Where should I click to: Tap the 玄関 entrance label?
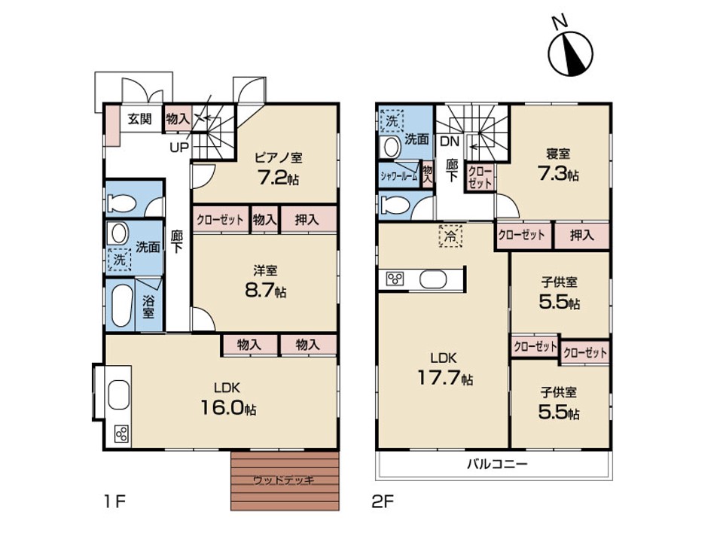139,119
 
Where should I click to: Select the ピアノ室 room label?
279,157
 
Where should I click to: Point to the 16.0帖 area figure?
228,408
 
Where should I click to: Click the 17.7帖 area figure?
445,378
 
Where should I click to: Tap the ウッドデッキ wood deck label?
284,480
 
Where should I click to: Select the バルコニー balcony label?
497,463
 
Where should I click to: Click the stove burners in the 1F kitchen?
122,434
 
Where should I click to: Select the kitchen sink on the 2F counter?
433,279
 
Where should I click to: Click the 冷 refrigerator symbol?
450,236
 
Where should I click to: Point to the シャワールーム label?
399,175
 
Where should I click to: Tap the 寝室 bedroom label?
558,153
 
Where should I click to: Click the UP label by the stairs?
179,148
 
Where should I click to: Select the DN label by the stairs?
450,141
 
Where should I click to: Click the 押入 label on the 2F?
582,236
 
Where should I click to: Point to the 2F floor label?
383,501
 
